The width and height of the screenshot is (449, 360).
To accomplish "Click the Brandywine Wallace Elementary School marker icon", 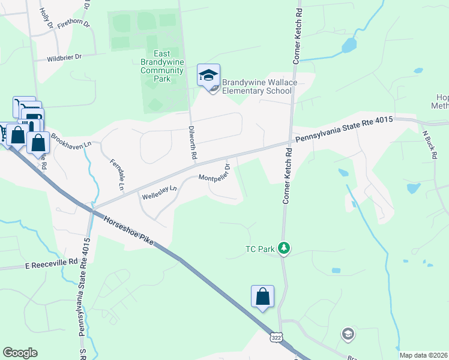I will [208, 76].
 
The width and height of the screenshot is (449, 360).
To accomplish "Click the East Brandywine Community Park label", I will [161, 66].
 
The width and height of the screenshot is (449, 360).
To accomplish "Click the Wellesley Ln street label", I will [159, 192].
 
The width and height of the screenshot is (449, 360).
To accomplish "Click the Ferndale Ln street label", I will [116, 175].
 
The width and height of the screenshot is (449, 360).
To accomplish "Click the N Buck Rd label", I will [429, 145].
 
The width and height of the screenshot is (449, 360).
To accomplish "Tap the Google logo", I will [20, 353].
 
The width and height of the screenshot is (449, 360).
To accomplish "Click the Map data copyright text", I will [423, 355].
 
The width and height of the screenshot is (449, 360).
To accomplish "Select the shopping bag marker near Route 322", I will [262, 296].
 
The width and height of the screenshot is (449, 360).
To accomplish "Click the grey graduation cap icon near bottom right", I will [348, 333].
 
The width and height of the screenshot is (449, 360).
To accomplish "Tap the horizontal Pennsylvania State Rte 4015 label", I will [343, 128].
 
